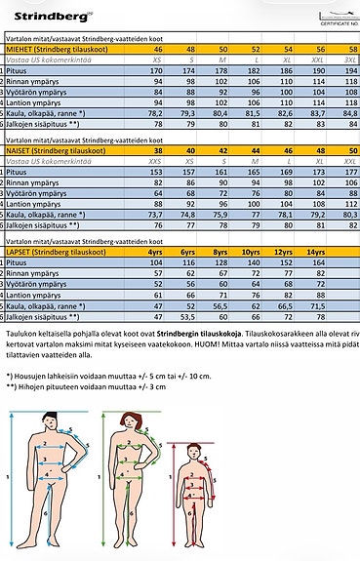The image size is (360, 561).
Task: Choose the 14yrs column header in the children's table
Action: click(x=316, y=252)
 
